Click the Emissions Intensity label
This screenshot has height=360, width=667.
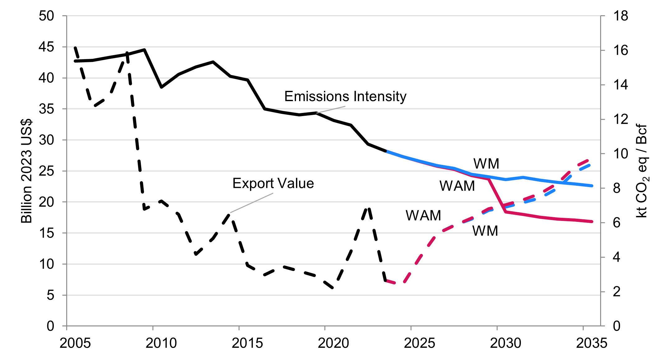345,96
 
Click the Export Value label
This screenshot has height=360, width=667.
273,184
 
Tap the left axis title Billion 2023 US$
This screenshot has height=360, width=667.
26,171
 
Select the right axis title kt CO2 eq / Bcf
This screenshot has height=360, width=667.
642,171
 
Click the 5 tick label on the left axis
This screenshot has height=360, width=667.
50,295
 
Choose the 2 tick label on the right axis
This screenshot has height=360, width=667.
617,292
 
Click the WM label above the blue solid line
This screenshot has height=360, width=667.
486,164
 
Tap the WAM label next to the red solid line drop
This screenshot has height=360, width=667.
457,186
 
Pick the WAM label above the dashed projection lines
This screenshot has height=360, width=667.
423,216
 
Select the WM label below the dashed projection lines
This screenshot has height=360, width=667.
485,231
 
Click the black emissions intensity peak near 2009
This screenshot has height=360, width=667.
145,50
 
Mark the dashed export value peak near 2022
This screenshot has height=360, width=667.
368,208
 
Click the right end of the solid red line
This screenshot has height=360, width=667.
592,222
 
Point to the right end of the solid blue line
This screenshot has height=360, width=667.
592,186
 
